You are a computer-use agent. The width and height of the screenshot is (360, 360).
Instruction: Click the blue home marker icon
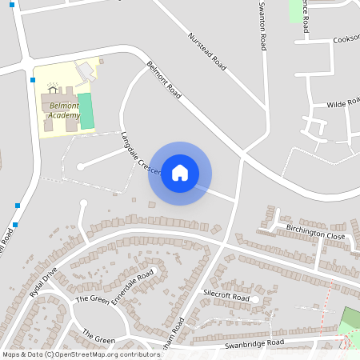[x=180, y=173]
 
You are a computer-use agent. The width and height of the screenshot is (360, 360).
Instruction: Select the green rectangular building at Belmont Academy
[x=86, y=111]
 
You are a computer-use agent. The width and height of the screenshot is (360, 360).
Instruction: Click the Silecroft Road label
[x=226, y=296]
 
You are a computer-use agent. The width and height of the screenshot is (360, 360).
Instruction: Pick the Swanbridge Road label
[x=254, y=343]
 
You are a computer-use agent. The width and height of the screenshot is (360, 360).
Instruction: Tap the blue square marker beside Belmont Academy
[x=33, y=79]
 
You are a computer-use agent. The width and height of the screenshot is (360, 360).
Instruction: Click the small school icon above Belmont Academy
[x=54, y=86]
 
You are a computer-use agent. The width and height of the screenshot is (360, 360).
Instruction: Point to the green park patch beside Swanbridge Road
[x=350, y=320]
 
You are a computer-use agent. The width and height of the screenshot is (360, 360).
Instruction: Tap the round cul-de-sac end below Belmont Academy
[x=80, y=166]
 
